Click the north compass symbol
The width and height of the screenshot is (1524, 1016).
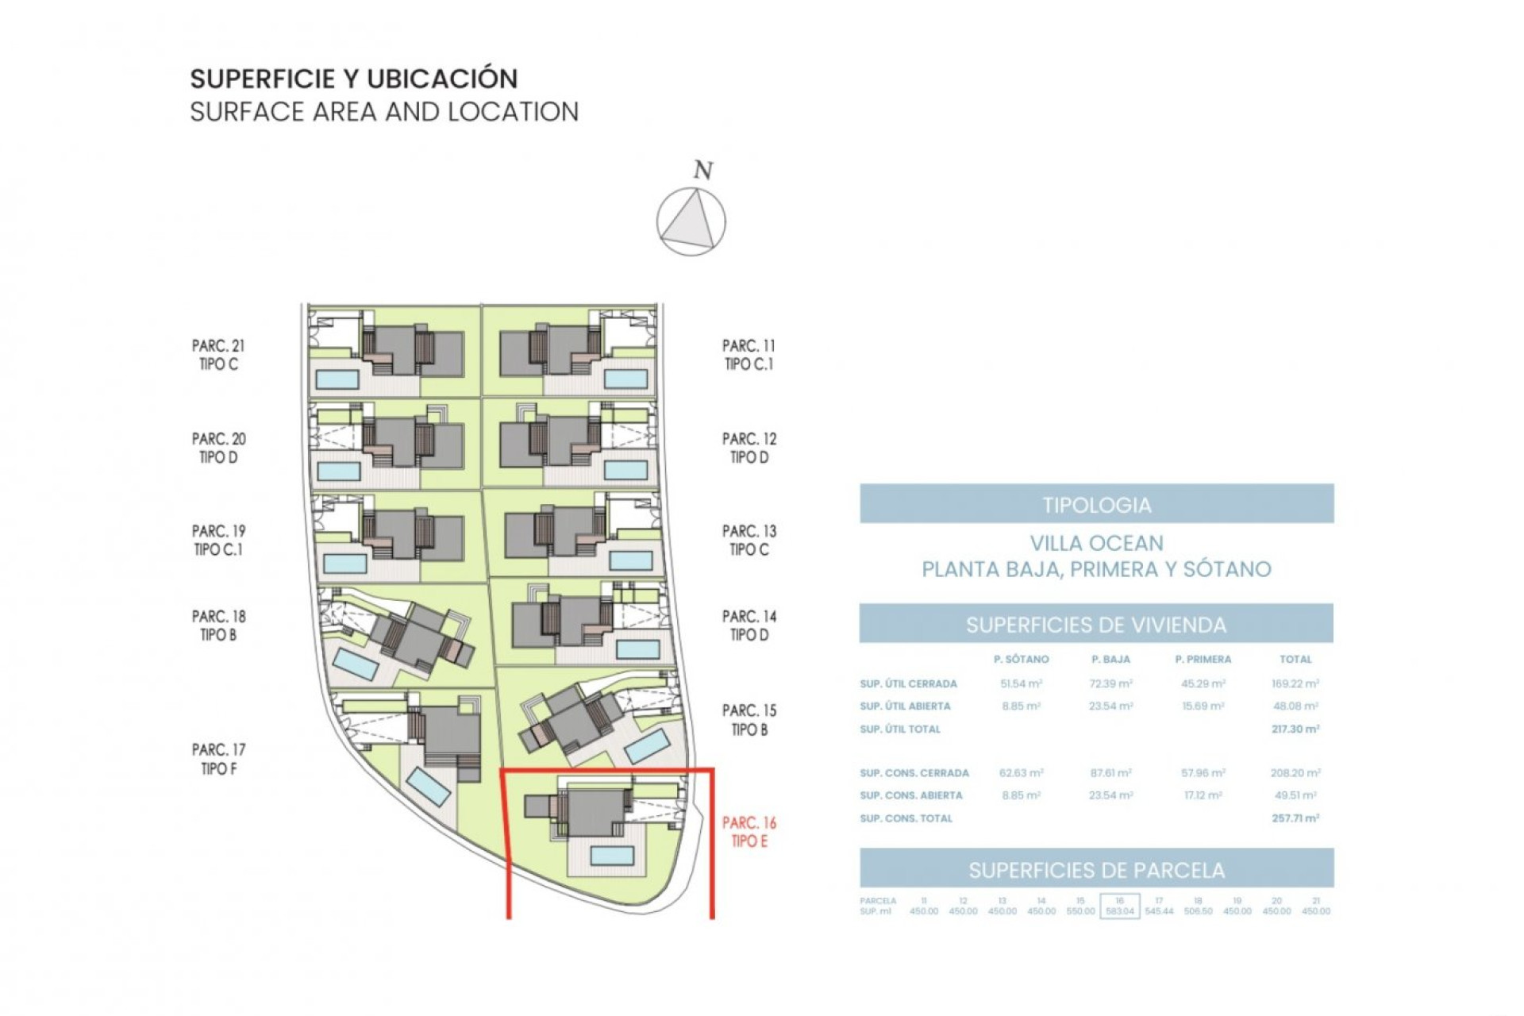[691, 221]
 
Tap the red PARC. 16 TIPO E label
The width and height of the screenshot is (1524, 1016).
[749, 832]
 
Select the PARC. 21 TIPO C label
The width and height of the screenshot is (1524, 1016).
[218, 355]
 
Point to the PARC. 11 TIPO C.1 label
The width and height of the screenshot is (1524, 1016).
[749, 355]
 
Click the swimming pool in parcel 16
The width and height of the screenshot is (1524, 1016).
[612, 855]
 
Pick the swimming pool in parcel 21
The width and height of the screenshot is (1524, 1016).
[337, 379]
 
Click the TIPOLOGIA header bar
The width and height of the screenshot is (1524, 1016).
[1096, 504]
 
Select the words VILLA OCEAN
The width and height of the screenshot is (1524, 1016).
[1096, 544]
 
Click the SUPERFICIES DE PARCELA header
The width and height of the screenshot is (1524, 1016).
[1096, 870]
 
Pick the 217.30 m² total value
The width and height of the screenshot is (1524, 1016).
[1295, 729]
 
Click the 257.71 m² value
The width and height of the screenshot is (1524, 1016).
[1295, 818]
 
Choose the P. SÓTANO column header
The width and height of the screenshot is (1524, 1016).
[1021, 659]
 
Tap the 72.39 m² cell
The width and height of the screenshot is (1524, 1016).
[1110, 683]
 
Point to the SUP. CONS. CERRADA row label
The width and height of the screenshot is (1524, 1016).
[914, 772]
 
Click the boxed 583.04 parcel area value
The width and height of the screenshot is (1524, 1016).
[1119, 911]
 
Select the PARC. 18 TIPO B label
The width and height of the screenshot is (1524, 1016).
[218, 625]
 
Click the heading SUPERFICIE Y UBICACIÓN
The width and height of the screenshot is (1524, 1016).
[354, 79]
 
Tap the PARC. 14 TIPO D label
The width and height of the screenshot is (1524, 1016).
[749, 625]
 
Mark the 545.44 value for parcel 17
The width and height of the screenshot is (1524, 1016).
[1159, 911]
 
